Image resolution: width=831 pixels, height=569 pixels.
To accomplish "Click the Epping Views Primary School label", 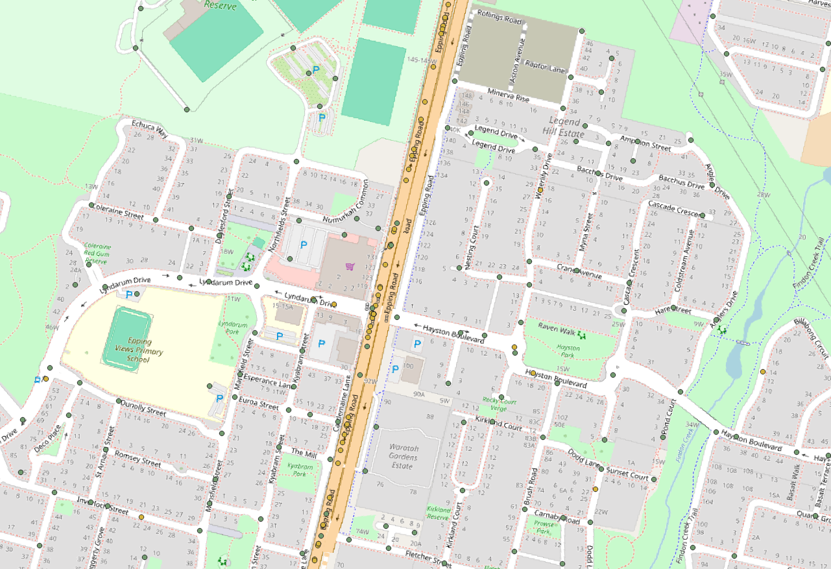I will coord(139,350).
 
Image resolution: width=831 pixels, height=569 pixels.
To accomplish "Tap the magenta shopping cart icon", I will coord(350,267).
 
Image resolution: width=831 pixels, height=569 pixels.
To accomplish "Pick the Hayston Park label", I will coord(568,351).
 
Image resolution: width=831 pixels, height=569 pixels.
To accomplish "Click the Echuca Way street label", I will coord(149,128).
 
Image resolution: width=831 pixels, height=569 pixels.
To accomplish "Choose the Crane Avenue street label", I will coord(579,271).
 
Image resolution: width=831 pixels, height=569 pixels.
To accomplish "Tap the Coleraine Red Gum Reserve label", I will coord(97,254).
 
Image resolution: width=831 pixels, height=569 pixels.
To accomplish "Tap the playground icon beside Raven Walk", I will coord(582,335).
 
